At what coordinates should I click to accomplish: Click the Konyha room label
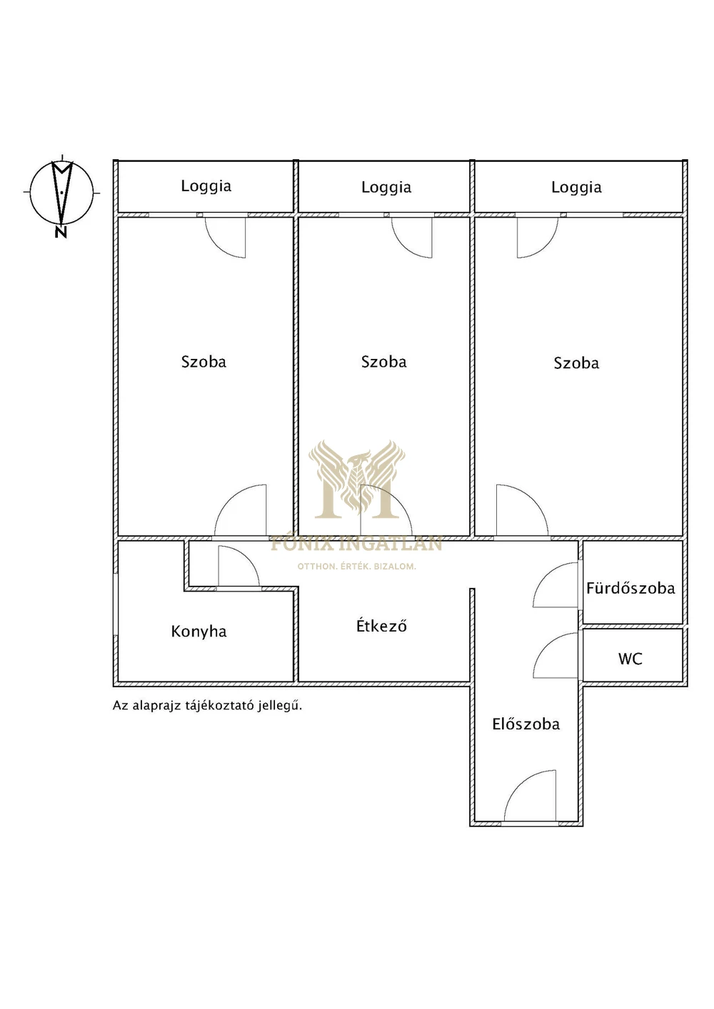coord(198,632)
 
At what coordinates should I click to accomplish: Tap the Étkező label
coord(382,626)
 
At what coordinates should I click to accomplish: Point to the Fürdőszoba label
coord(630,588)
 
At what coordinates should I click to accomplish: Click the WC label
coord(630,659)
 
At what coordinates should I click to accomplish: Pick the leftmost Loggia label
coord(206,186)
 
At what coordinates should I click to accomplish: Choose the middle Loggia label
coord(386,188)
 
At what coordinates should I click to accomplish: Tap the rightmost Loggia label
coord(576,188)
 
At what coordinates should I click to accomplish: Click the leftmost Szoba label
coord(203,362)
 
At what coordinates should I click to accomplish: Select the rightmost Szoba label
coord(576,363)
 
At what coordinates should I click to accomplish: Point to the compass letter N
coord(61,233)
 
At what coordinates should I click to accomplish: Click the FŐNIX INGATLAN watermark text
coord(356,544)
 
